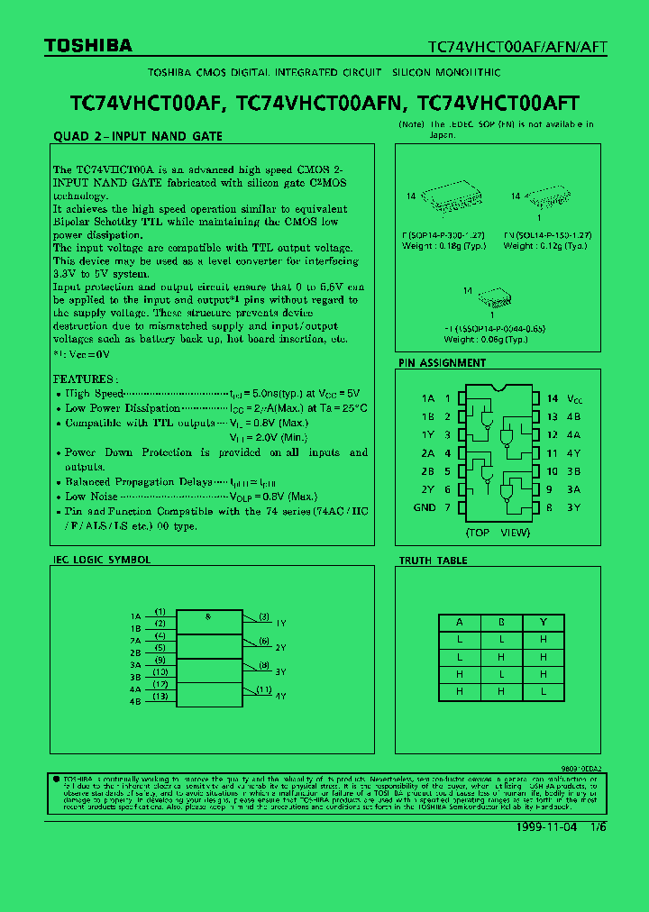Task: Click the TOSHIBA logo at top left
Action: [88, 46]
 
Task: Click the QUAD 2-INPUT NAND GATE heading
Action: [138, 136]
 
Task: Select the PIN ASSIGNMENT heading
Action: [442, 363]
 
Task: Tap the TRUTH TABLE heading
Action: [433, 561]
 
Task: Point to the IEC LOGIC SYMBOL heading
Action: [101, 560]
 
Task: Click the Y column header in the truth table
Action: [544, 622]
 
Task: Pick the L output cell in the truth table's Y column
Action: [544, 690]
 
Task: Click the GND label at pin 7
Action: [425, 507]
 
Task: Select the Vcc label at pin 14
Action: [574, 398]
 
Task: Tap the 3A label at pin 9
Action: [573, 489]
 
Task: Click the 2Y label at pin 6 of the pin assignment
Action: [427, 489]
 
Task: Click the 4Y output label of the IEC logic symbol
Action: [280, 696]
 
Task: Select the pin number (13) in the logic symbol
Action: [160, 696]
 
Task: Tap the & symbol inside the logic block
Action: [208, 616]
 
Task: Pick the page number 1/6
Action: [599, 827]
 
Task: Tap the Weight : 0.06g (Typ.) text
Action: [486, 340]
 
